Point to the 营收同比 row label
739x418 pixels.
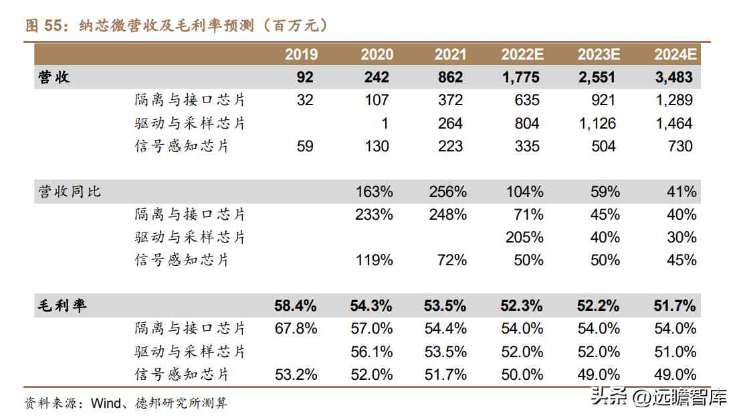[x=70, y=192]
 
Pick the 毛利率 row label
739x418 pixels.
[x=62, y=306]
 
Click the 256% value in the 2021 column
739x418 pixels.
[x=447, y=192]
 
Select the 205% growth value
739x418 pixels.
[x=525, y=237]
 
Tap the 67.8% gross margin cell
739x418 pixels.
[x=296, y=328]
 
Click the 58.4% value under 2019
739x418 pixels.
[x=296, y=306]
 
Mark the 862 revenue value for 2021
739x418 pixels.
[x=450, y=77]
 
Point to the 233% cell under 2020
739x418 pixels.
[x=374, y=214]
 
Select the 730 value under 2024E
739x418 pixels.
[x=680, y=146]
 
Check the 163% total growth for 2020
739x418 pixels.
[x=374, y=192]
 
